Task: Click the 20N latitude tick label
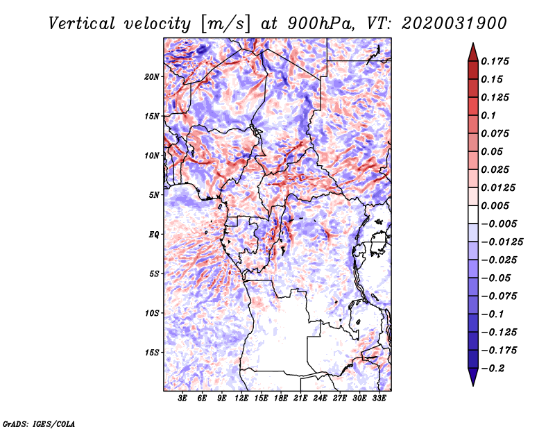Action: [x=152, y=76]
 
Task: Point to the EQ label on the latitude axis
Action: [x=154, y=235]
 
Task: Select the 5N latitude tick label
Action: [x=154, y=195]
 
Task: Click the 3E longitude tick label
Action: [x=182, y=398]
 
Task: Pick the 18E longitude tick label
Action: [x=281, y=398]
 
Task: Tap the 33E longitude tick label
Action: [x=379, y=398]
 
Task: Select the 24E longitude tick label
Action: [x=320, y=398]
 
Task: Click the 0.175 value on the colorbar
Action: [x=495, y=61]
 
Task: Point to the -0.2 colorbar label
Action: [x=492, y=368]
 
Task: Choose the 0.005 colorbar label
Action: [x=495, y=205]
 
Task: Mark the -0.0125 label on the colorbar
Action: [x=502, y=242]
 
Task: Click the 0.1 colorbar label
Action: [x=488, y=115]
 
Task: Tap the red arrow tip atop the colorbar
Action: [x=473, y=44]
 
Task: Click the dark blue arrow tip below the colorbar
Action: [x=473, y=385]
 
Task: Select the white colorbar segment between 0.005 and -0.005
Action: [x=473, y=214]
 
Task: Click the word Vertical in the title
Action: [x=82, y=24]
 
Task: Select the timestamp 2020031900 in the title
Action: [x=454, y=24]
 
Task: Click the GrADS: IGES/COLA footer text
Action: [x=39, y=423]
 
